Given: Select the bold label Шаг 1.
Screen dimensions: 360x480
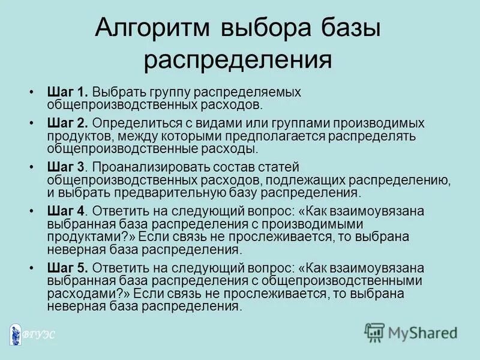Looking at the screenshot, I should pyautogui.click(x=68, y=93).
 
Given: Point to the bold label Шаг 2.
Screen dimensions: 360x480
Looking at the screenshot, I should pyautogui.click(x=68, y=122).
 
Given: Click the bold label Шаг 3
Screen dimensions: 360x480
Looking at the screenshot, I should pyautogui.click(x=67, y=166).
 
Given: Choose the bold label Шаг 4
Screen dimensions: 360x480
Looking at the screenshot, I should pyautogui.click(x=67, y=211).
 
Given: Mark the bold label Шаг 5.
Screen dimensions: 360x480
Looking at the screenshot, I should pyautogui.click(x=68, y=267).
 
